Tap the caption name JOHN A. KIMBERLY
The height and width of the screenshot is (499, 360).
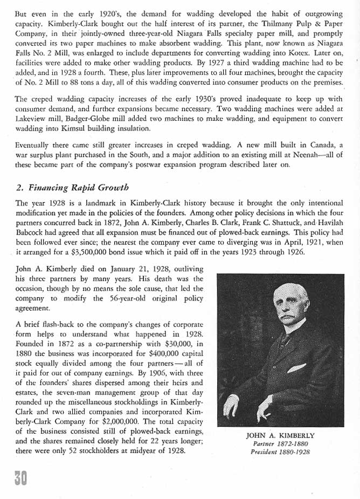(280, 435)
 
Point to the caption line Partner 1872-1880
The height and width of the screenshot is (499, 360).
(280, 444)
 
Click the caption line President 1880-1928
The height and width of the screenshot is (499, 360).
(280, 452)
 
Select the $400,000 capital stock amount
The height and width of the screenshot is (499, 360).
(166, 352)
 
